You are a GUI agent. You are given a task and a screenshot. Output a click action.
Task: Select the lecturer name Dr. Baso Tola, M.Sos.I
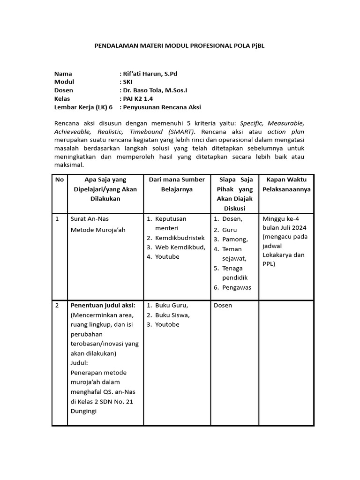[x=156, y=90]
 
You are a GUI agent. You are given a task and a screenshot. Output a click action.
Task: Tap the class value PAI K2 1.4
[x=138, y=99]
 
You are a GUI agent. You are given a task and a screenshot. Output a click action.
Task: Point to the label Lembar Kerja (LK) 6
[x=83, y=107]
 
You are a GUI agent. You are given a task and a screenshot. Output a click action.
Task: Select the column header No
[x=60, y=179]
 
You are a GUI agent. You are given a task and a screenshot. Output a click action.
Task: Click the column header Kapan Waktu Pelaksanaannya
[x=287, y=184]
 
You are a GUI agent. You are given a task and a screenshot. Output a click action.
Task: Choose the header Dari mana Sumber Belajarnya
[x=176, y=184]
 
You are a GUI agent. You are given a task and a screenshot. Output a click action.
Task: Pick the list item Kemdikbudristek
[x=180, y=238]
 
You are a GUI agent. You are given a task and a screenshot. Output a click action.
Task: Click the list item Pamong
[x=235, y=239]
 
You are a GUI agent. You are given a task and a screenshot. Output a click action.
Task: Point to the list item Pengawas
[x=237, y=287]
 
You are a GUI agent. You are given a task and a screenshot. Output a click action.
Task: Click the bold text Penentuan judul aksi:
[x=103, y=305]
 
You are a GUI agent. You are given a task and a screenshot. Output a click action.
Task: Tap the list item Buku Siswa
[x=172, y=315]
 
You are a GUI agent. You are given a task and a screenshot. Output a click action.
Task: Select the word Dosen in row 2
[x=223, y=305]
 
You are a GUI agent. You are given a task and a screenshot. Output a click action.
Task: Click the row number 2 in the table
[x=57, y=305]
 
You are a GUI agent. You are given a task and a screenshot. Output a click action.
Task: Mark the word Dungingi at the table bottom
[x=83, y=411]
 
